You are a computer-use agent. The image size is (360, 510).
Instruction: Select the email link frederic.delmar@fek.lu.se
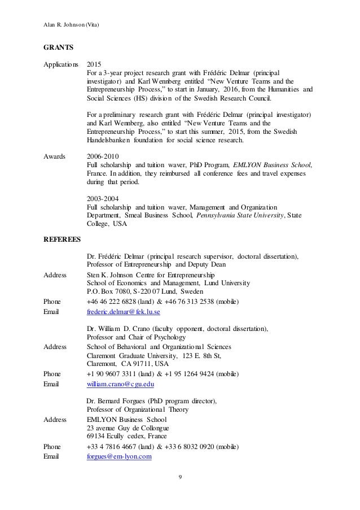click(x=124, y=311)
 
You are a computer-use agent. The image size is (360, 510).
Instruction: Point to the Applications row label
click(x=61, y=64)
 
